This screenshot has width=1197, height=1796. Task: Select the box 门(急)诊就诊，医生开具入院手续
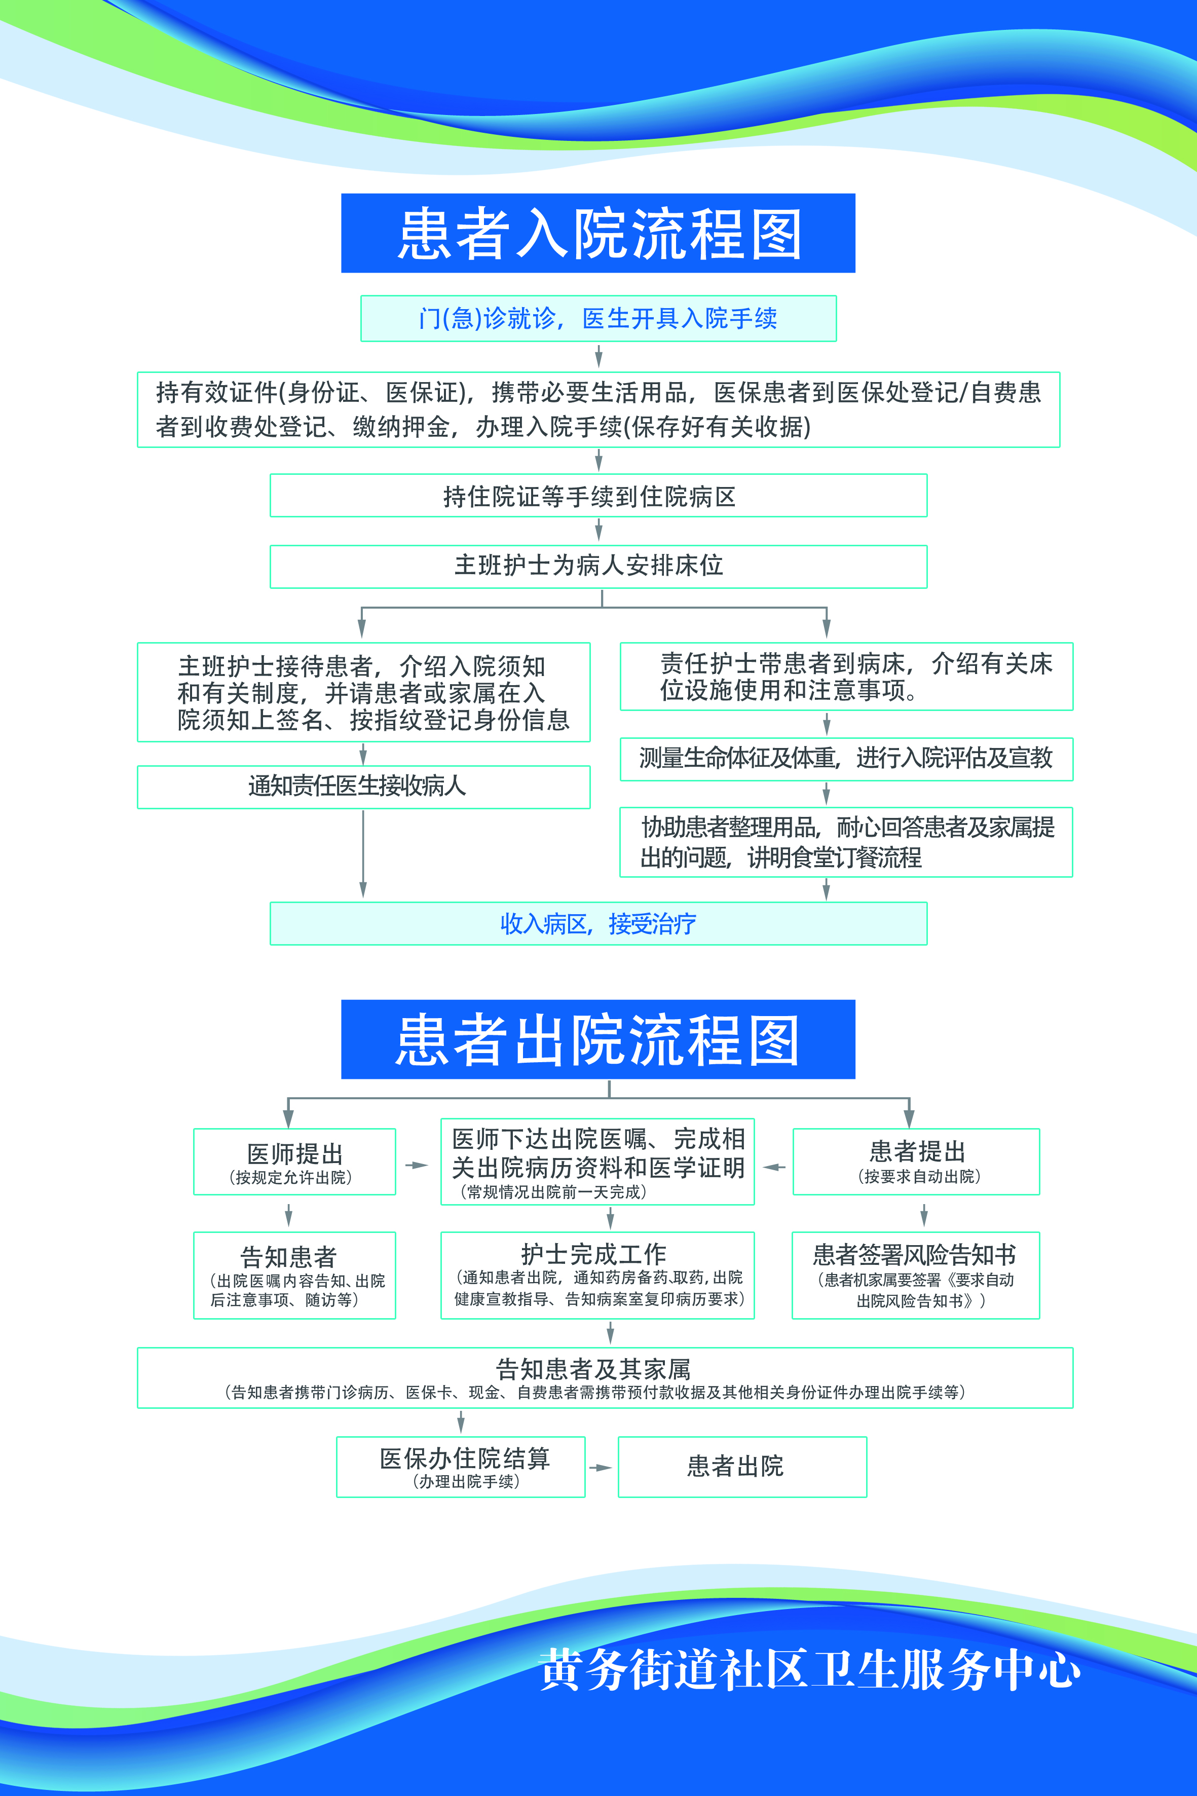pos(598,318)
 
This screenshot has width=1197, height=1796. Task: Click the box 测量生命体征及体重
pos(846,759)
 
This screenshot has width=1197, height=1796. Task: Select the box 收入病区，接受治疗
pos(598,923)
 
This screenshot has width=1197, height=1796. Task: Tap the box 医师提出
pos(294,1161)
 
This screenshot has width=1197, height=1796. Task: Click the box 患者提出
pos(916,1161)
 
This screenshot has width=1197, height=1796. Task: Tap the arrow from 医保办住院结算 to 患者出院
pos(601,1467)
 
